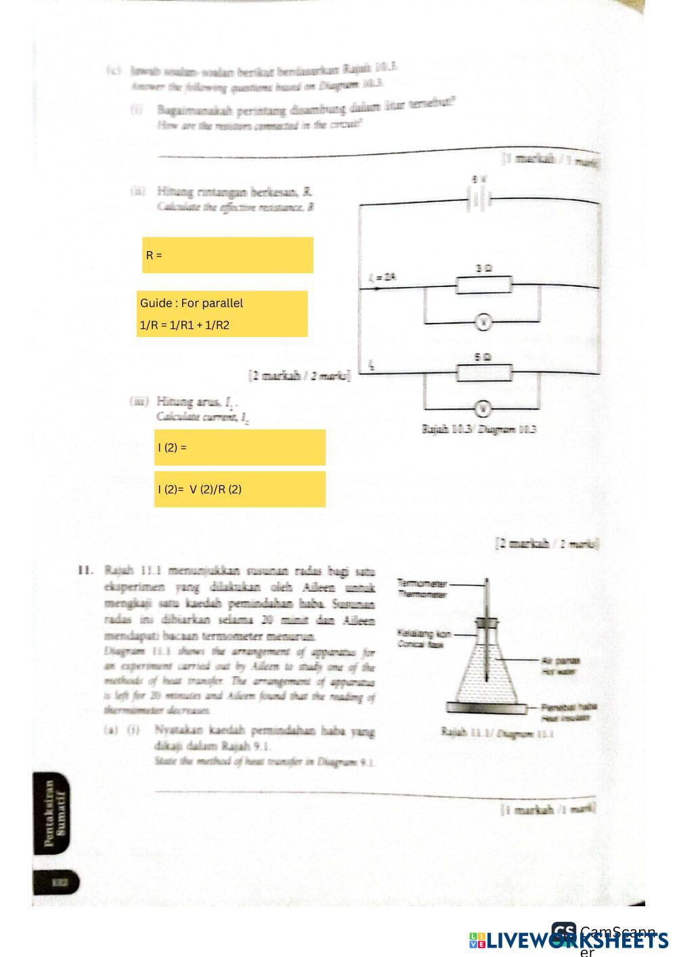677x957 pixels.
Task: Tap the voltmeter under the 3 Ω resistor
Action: pyautogui.click(x=483, y=323)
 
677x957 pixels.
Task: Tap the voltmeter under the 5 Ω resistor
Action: pyautogui.click(x=483, y=409)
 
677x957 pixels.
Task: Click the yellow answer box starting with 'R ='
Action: pyautogui.click(x=227, y=255)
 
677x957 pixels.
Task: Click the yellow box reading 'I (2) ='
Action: pyautogui.click(x=240, y=447)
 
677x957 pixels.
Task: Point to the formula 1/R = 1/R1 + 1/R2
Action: pyautogui.click(x=185, y=326)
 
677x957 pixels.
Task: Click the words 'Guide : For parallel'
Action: pyautogui.click(x=192, y=303)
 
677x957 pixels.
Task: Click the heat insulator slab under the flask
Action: pyautogui.click(x=487, y=709)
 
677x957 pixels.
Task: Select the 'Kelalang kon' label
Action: pyautogui.click(x=424, y=634)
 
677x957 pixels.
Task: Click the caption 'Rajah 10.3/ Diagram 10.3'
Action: pyautogui.click(x=479, y=430)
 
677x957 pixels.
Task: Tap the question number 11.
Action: pyautogui.click(x=85, y=569)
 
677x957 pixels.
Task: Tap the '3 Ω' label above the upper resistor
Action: pyautogui.click(x=483, y=269)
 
